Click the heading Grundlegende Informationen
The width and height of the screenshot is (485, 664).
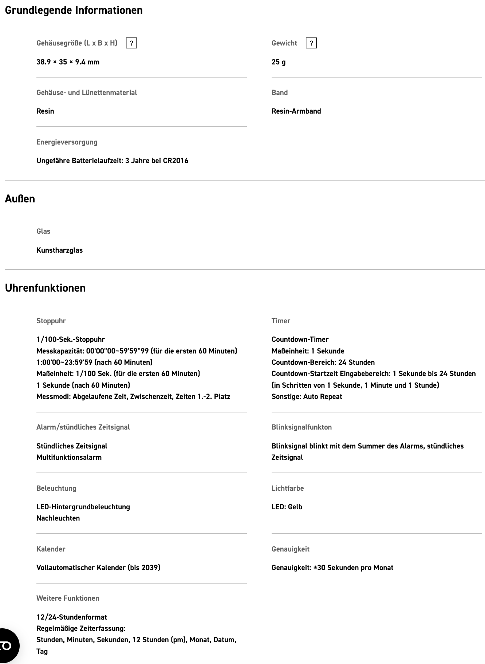(x=74, y=10)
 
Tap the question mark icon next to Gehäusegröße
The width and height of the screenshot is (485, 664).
(x=131, y=43)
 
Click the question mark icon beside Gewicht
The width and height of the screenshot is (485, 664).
(x=311, y=43)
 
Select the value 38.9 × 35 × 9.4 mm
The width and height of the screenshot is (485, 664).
(x=68, y=62)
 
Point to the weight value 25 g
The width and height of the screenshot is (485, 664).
(x=279, y=62)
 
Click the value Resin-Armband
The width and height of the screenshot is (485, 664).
(x=296, y=111)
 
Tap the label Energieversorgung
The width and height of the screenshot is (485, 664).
(x=67, y=142)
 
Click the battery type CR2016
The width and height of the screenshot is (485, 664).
(x=176, y=161)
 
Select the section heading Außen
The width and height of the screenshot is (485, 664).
(x=20, y=199)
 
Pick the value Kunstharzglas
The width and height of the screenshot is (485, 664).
(x=59, y=250)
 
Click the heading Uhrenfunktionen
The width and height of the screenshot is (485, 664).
(x=45, y=288)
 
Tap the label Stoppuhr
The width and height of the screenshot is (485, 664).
(x=51, y=321)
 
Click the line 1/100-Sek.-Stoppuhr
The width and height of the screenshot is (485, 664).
(x=71, y=339)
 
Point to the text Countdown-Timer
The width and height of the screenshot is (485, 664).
(x=300, y=339)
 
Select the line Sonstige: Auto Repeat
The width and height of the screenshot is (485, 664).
(x=307, y=396)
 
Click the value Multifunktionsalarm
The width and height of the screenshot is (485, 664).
(x=69, y=457)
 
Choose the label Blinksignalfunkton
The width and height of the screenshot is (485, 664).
(x=301, y=427)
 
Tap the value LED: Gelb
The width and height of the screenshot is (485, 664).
(x=287, y=507)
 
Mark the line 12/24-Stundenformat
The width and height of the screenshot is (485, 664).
(x=72, y=617)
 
